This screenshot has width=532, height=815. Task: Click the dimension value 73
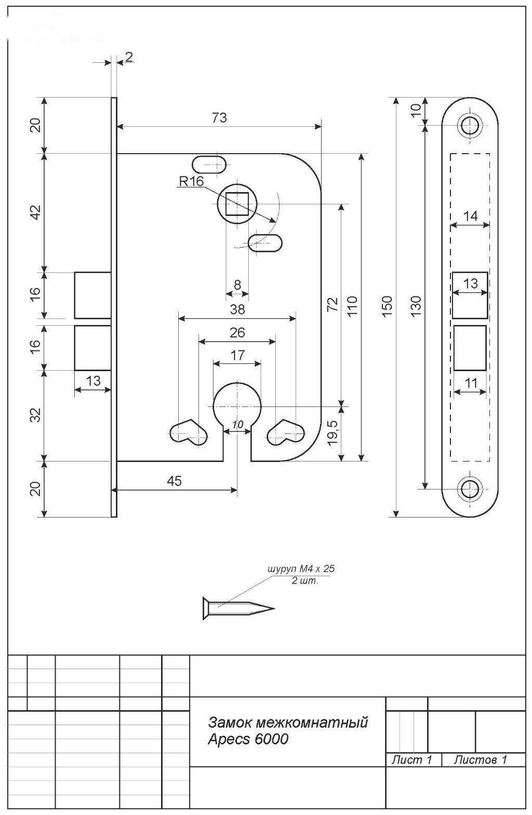coord(219,117)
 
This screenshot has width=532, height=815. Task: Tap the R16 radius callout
coord(191,182)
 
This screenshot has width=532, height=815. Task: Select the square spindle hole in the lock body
coord(237,204)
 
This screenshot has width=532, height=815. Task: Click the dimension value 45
coord(174,481)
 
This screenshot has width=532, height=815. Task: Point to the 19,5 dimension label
coord(332,433)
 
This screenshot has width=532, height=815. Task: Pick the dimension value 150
coord(388,306)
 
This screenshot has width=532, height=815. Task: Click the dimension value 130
coord(417,306)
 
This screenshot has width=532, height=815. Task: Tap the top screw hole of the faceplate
coord(470,126)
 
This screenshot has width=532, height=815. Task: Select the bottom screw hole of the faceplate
coord(470,488)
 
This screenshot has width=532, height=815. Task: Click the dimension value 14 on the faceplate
coord(470,216)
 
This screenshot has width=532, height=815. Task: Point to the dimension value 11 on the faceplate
coord(471,383)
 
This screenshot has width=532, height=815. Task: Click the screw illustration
coord(238,608)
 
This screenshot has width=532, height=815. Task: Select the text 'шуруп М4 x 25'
coord(301,568)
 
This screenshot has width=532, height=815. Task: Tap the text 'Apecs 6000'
coord(248,739)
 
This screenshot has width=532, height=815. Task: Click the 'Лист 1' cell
coord(411,759)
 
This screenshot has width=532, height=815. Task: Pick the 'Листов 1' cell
coord(480,759)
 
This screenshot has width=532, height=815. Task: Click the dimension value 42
coord(36,212)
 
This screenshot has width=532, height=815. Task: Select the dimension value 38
coord(237,309)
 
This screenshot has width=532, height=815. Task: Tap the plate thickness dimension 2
coord(129,57)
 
